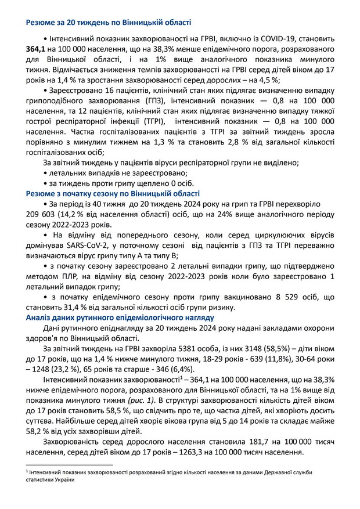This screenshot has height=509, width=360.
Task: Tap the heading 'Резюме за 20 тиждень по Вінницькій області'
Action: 109,23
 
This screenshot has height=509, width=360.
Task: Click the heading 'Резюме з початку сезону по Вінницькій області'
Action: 113,194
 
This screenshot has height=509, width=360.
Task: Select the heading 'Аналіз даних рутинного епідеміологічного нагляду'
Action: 120,318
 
